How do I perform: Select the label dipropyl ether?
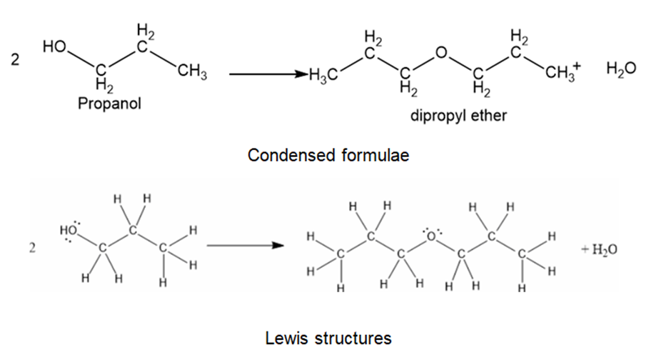pyautogui.click(x=458, y=115)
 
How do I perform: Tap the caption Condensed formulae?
pyautogui.click(x=328, y=155)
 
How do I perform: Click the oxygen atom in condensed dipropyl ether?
pyautogui.click(x=442, y=52)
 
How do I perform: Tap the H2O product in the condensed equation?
pyautogui.click(x=620, y=69)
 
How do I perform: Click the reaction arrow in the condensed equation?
pyautogui.click(x=264, y=74)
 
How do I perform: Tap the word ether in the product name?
pyautogui.click(x=489, y=115)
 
